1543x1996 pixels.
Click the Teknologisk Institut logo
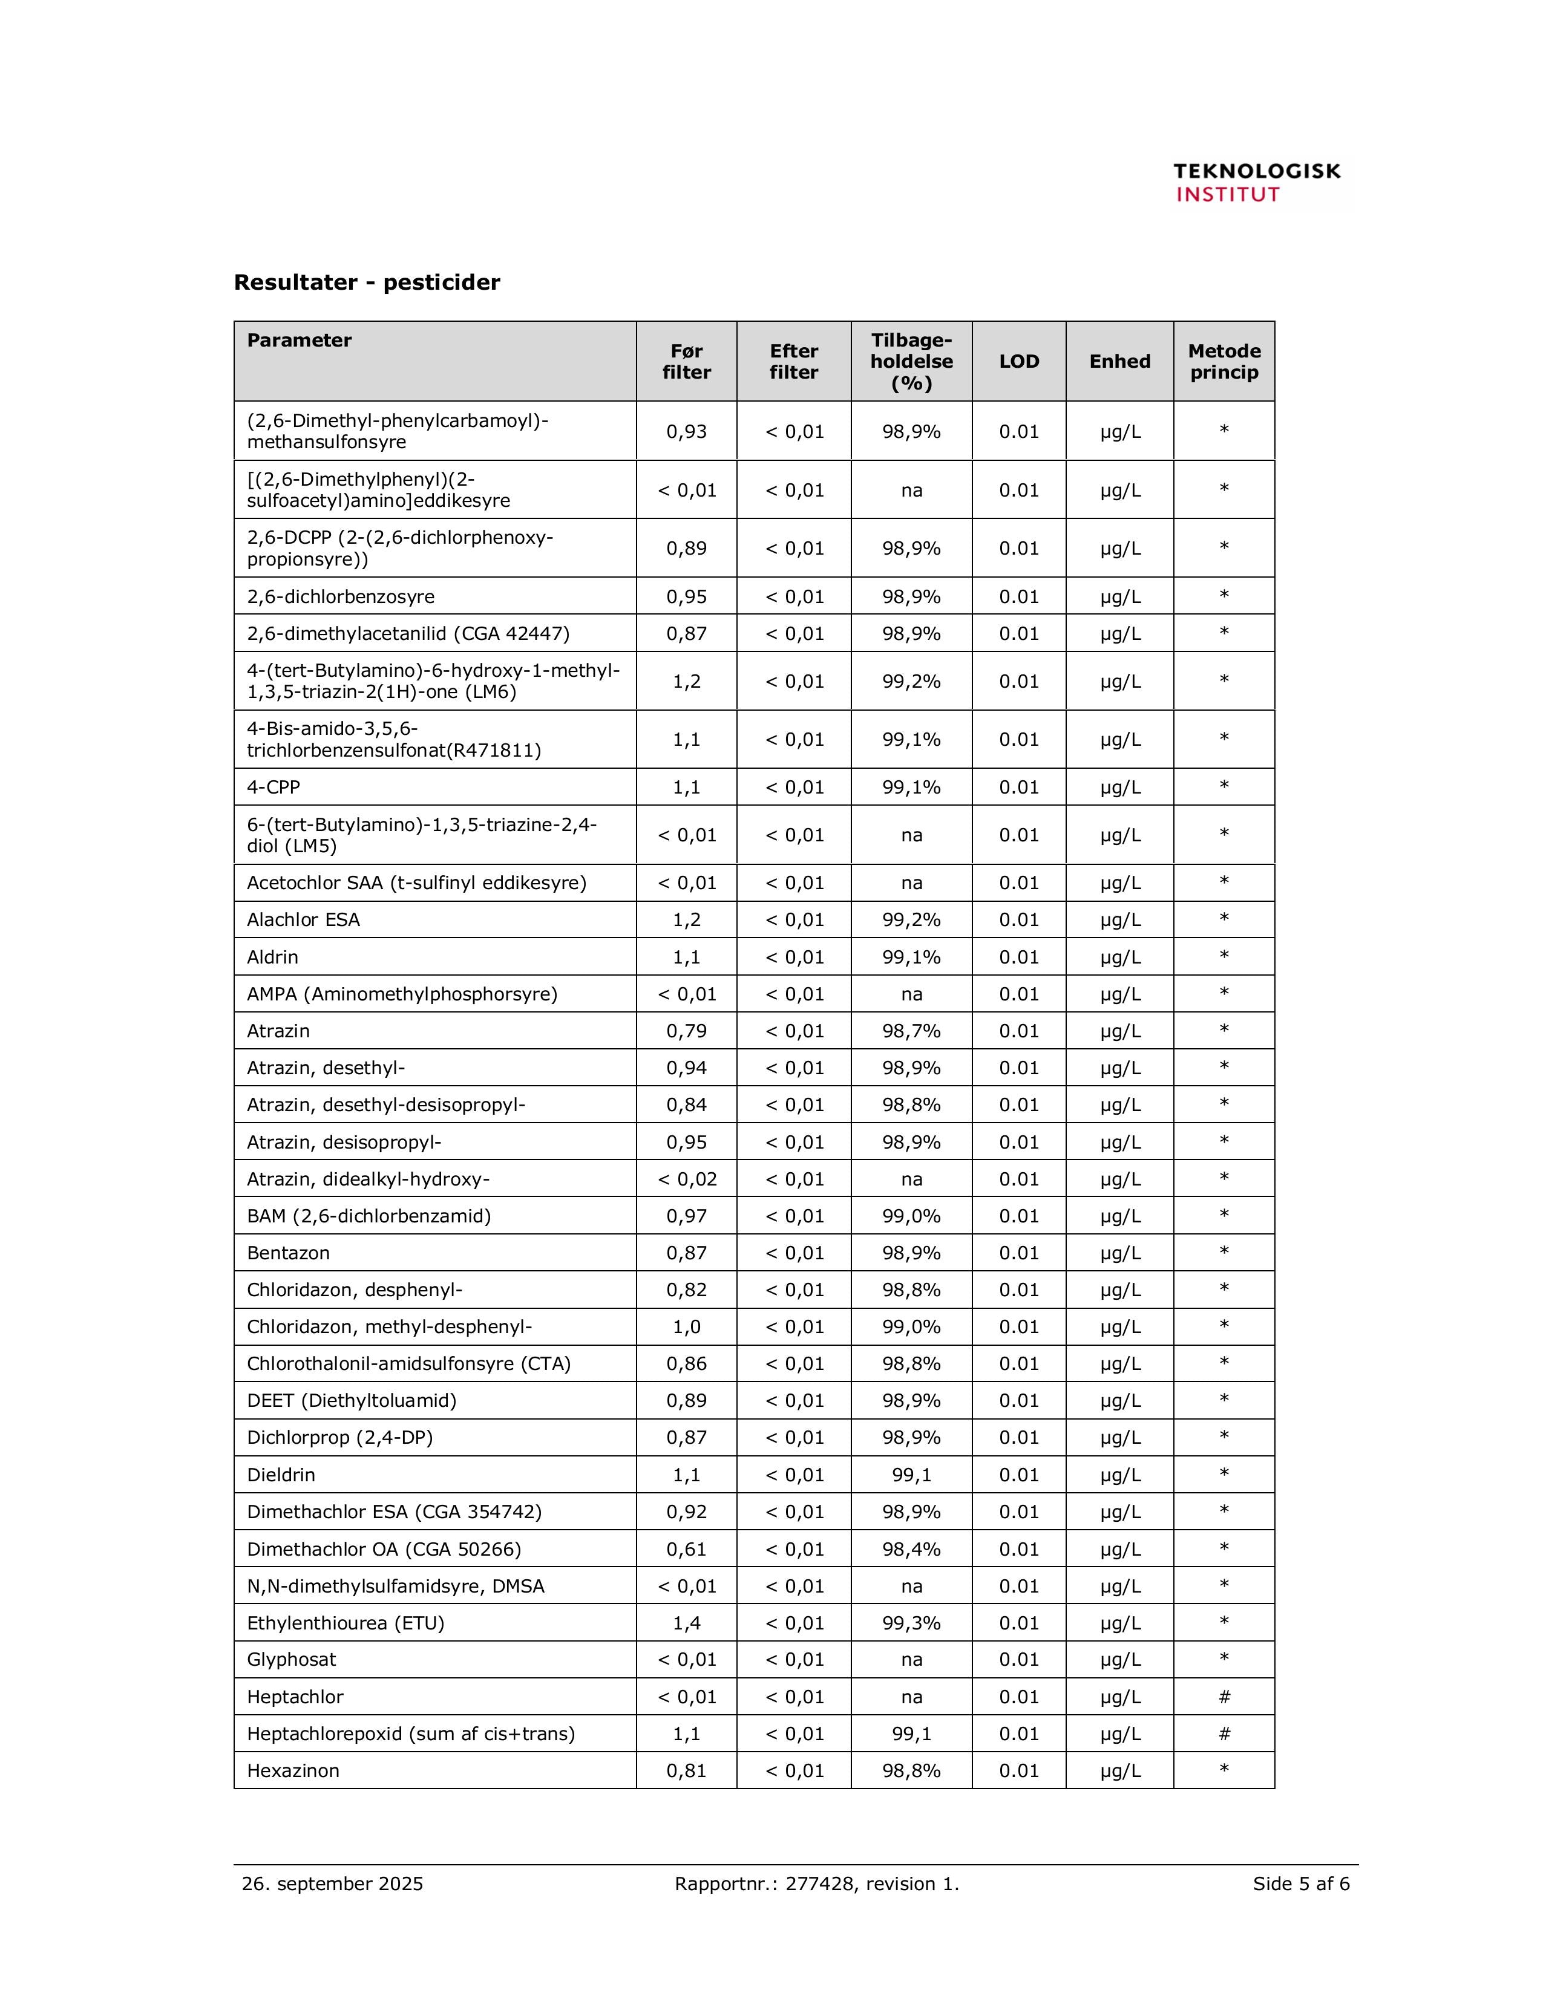1256,182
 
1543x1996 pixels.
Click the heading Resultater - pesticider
367,282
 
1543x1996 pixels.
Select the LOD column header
1018,361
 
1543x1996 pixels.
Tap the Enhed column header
1119,361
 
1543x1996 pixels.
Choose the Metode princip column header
1223,361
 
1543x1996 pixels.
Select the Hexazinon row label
292,1770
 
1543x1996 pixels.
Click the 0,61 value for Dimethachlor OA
687,1549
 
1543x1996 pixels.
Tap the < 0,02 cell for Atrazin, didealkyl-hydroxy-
687,1179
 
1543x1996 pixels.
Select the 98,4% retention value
911,1549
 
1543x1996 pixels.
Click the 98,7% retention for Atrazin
911,1031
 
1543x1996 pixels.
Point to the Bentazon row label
288,1253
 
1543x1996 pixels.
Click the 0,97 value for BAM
687,1216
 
